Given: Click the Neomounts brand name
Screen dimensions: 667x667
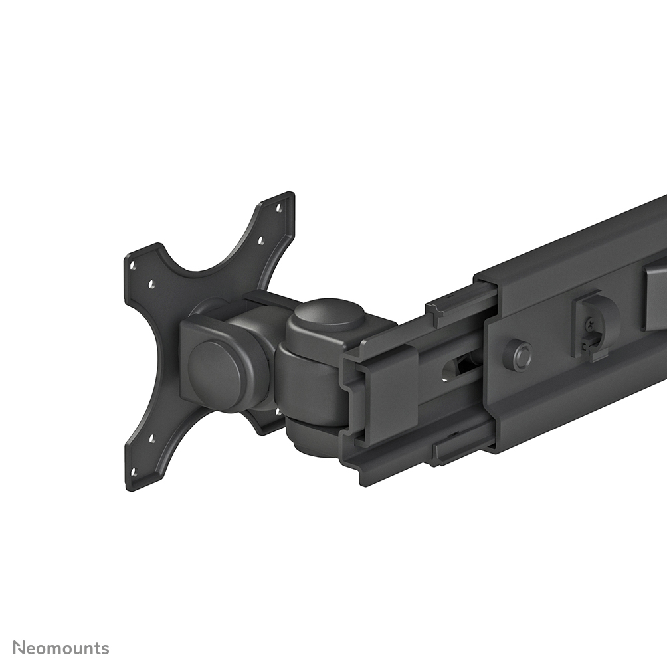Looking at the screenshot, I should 61,648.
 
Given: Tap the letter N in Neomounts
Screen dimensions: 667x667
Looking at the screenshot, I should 19,648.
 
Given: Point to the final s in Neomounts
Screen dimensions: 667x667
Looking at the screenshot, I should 105,648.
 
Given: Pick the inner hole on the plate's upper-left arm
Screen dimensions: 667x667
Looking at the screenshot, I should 152,285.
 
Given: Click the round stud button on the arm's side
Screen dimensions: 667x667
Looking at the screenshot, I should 518,355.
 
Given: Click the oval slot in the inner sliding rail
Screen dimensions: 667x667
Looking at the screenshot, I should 458,368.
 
